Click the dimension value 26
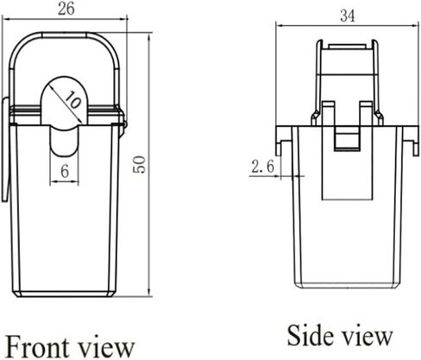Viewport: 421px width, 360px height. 66,8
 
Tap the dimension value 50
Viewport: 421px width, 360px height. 140,164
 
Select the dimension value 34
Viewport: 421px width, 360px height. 348,16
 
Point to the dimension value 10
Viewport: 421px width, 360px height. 72,100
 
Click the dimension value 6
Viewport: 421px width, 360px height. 65,172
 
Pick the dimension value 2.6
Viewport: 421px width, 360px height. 263,167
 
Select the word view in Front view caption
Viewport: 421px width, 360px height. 106,348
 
